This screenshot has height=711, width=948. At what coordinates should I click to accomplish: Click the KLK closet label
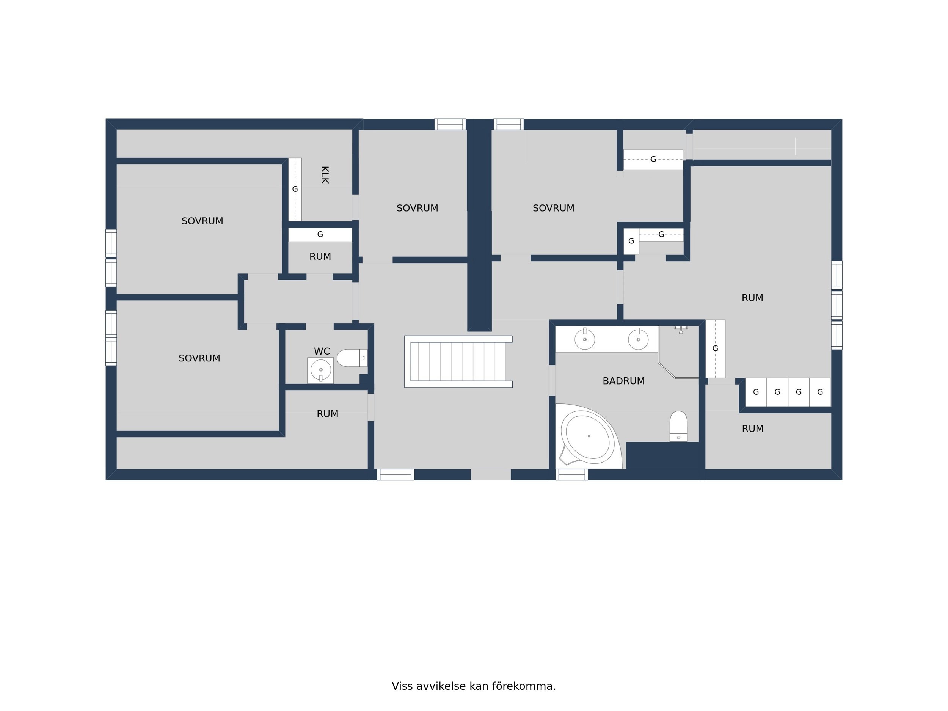(325, 175)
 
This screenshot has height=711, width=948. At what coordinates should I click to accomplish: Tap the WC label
(322, 352)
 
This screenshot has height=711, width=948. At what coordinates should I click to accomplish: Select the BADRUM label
(623, 381)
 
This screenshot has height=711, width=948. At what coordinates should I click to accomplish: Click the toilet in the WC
(352, 358)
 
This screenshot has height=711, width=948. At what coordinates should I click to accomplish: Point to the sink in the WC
(320, 370)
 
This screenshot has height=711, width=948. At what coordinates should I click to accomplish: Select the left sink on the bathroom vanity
(585, 339)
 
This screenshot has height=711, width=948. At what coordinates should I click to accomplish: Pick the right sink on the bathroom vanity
(638, 339)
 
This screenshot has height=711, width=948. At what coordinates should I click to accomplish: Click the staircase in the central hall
(458, 362)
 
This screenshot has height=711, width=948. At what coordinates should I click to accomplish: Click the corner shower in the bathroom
(679, 352)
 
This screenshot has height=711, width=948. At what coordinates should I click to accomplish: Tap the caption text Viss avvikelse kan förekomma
(474, 686)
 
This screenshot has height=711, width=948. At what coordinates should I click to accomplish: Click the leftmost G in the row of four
(756, 392)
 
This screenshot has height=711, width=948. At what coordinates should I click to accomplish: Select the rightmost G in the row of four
(820, 392)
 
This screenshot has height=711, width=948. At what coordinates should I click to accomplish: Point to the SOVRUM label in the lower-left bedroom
(199, 358)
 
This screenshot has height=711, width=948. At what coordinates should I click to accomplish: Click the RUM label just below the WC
(327, 414)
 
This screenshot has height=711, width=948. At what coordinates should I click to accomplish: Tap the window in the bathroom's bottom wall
(572, 475)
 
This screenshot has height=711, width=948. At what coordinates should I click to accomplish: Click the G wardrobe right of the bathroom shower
(715, 349)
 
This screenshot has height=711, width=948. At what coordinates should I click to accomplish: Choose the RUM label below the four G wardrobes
(753, 429)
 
